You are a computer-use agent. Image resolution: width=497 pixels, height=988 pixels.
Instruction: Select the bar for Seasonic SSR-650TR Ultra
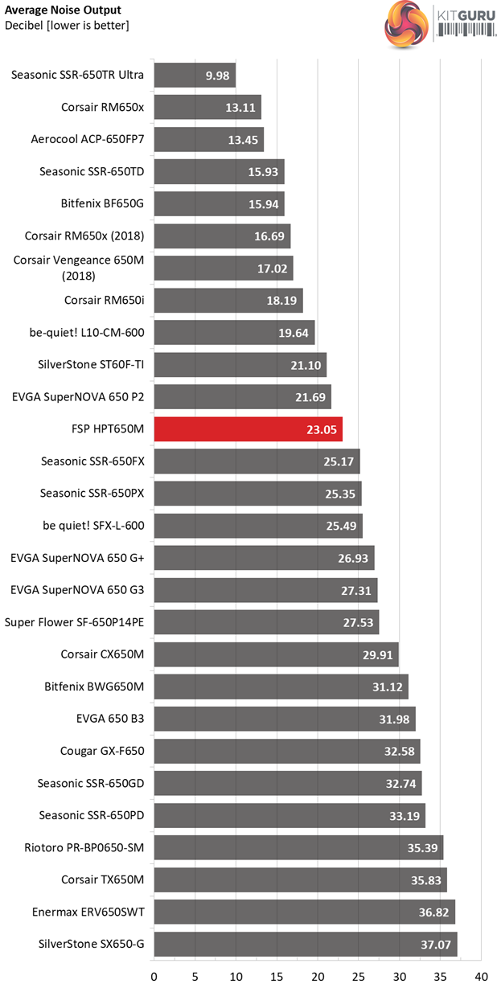point(194,76)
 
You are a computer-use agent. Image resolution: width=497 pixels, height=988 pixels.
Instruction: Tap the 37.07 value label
point(435,944)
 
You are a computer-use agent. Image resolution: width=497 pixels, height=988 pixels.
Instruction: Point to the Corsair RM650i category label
point(104,301)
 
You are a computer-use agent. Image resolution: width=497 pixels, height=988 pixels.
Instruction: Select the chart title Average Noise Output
point(64,10)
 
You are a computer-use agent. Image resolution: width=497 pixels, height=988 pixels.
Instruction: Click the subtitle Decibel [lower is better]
point(67,25)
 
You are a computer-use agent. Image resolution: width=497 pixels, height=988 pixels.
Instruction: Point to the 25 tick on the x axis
point(359,977)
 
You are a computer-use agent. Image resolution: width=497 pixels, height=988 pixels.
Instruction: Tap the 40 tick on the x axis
point(481,977)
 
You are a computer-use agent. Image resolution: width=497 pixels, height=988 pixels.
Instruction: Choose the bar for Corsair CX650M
point(276,654)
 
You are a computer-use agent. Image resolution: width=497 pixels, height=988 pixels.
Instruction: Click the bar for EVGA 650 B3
point(285,719)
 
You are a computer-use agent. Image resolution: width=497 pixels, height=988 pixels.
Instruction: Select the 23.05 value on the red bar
point(322,429)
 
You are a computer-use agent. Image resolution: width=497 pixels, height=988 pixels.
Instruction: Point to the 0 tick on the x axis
point(154,977)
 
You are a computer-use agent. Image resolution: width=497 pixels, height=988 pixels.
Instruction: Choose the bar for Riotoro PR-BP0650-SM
point(298,847)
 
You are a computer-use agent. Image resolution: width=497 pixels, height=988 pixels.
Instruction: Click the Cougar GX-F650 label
point(102,751)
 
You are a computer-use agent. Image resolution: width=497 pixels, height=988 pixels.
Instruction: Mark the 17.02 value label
point(272,269)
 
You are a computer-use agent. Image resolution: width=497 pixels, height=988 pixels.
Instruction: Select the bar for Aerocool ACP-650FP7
point(208,140)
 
